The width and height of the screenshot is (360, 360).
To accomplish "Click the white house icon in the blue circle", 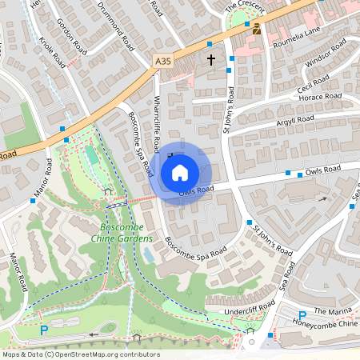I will pos(180,172).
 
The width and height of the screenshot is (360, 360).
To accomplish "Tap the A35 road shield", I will pos(162,61).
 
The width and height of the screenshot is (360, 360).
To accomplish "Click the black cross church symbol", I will pos(212,60).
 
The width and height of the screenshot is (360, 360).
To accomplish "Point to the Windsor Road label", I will pos(324,60).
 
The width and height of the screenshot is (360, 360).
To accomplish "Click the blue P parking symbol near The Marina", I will pos(302,316).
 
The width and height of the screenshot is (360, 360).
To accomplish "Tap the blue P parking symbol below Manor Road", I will pos(45,330).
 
